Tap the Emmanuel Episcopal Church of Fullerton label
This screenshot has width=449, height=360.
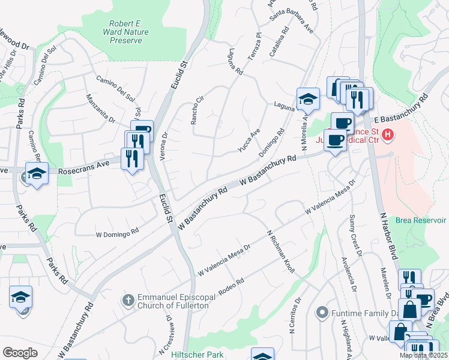click(173, 302)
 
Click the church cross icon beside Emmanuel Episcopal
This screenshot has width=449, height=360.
click(127, 298)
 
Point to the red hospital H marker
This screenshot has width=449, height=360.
click(388, 136)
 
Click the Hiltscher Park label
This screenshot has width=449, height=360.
click(197, 355)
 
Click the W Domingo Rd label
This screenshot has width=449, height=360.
click(118, 232)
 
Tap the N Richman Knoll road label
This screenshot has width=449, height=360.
click(280, 252)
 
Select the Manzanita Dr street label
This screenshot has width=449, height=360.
click(100, 109)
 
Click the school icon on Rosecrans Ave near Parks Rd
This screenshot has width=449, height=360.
click(37, 174)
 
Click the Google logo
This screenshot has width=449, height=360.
click(20, 353)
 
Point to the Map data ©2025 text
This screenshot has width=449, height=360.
click(423, 355)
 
